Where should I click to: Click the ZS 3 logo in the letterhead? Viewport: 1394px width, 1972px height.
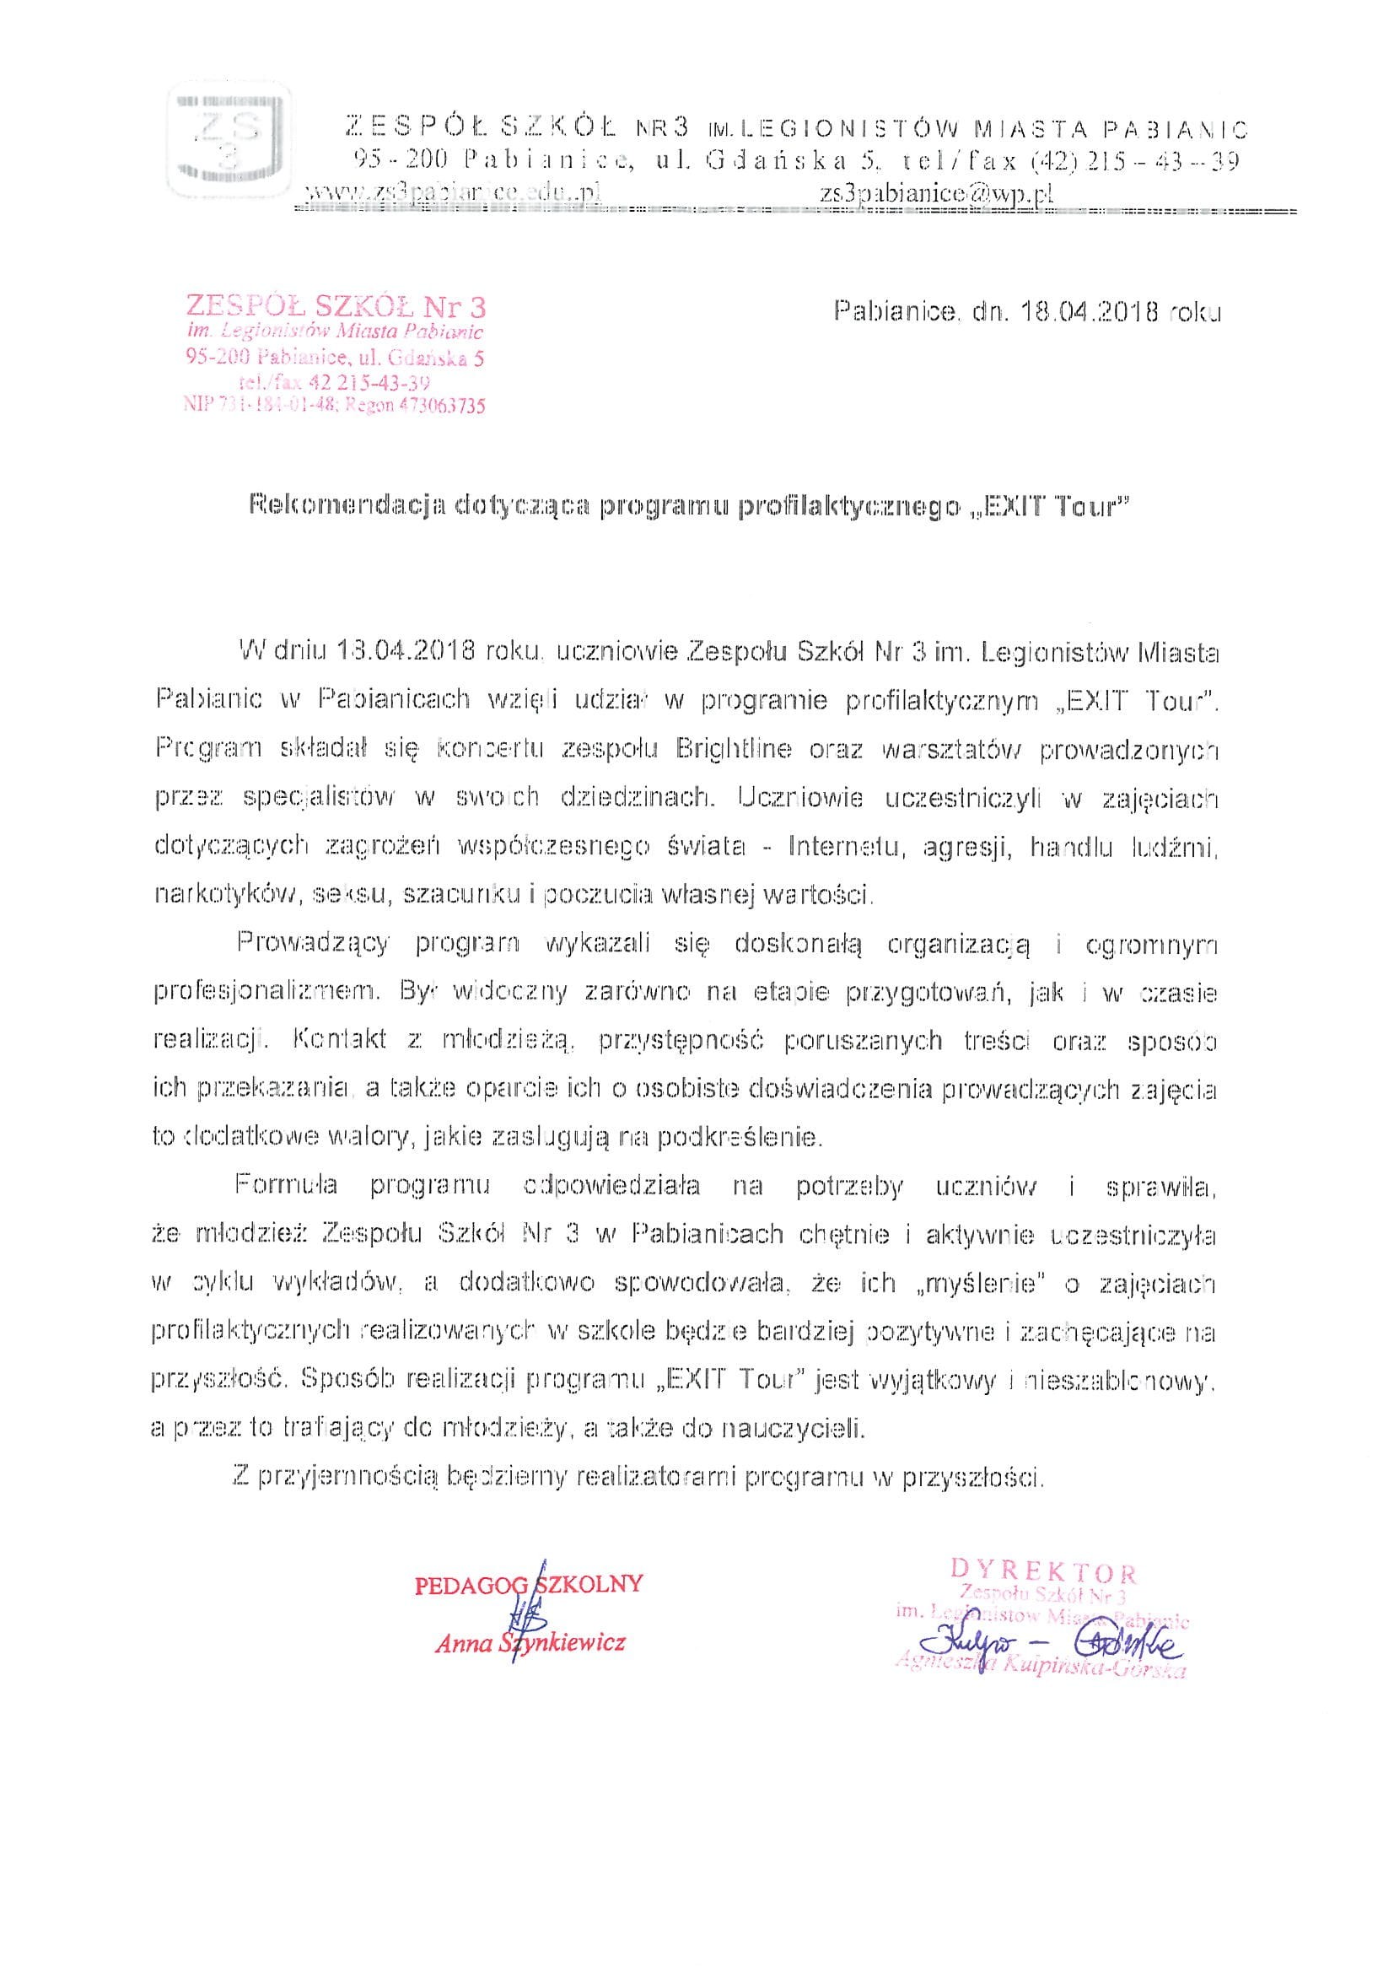coord(230,142)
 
